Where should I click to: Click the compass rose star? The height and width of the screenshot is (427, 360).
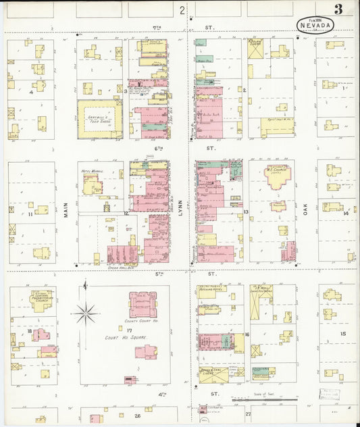tap(86, 311)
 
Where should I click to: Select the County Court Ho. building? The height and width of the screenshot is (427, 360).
tap(143, 303)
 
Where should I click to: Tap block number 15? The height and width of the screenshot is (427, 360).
tap(342, 334)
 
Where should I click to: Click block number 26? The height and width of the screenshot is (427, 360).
tap(137, 416)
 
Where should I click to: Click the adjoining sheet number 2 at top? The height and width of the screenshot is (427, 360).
tap(182, 10)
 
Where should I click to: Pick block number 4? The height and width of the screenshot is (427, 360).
tap(30, 91)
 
